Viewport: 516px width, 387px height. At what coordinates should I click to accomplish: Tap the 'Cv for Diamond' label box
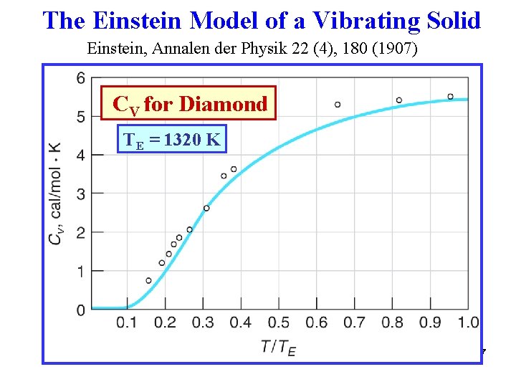click(x=188, y=105)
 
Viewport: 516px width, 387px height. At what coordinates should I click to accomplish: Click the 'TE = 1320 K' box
click(x=171, y=140)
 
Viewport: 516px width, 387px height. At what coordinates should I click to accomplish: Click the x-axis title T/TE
click(x=279, y=348)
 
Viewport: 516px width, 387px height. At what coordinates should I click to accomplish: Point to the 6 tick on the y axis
click(x=80, y=78)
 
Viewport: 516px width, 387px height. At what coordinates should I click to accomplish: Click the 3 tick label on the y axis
click(x=80, y=193)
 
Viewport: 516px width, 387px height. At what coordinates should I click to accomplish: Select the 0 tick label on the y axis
click(x=80, y=310)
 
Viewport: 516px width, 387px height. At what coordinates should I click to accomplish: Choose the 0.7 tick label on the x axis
click(x=354, y=323)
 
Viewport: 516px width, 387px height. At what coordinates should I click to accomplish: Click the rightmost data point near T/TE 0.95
click(x=450, y=96)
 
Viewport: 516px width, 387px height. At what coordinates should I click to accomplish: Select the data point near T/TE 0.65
click(x=338, y=105)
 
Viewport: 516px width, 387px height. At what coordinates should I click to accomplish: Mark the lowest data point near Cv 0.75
click(x=148, y=280)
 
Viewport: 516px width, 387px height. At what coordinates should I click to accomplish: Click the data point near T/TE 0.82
click(x=398, y=100)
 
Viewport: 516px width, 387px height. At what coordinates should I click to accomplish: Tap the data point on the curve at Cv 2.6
click(x=206, y=209)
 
